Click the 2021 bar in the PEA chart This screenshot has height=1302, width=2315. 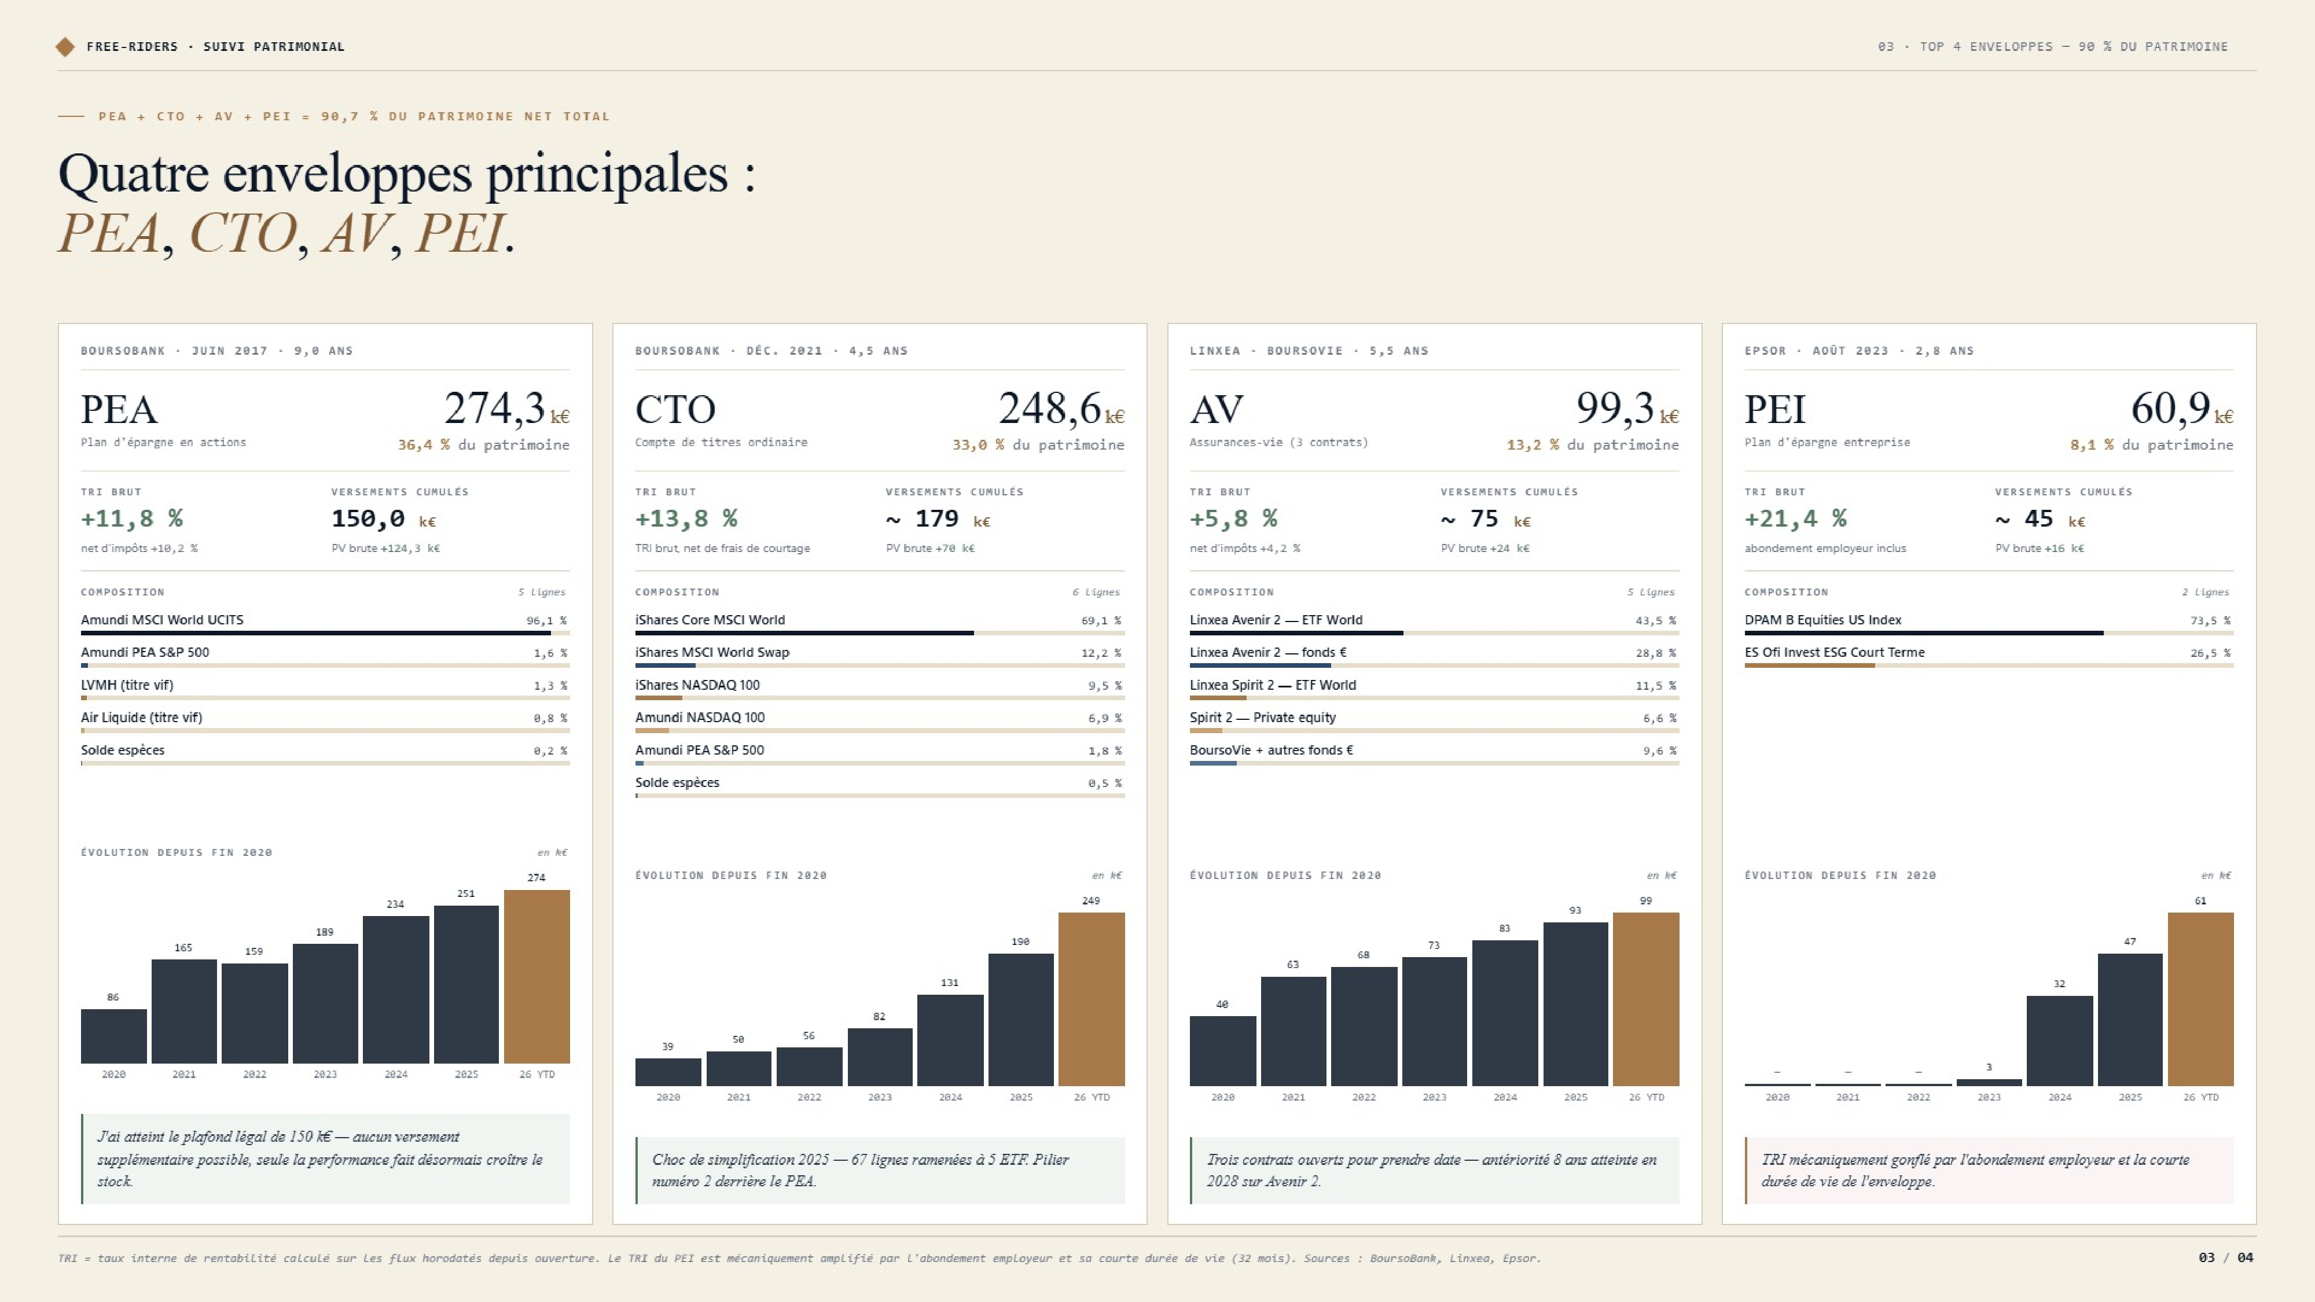pos(184,1011)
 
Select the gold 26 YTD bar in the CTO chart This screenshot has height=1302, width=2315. pos(1091,999)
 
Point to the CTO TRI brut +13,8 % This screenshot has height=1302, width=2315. pos(686,518)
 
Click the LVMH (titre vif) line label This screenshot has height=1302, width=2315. pos(127,685)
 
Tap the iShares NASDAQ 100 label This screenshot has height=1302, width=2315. pos(697,685)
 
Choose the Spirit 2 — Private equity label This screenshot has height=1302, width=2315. pos(1263,717)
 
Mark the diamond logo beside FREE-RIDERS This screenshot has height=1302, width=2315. pos(65,47)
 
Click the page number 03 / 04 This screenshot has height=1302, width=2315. pos(2225,1257)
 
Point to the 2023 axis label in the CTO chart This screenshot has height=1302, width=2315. pos(880,1097)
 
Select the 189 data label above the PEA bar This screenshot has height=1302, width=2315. pos(325,932)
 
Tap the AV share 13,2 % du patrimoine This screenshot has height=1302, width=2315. pos(1593,445)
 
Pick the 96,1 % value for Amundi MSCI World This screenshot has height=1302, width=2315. pos(546,620)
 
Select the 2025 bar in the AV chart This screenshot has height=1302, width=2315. pos(1575,1003)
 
